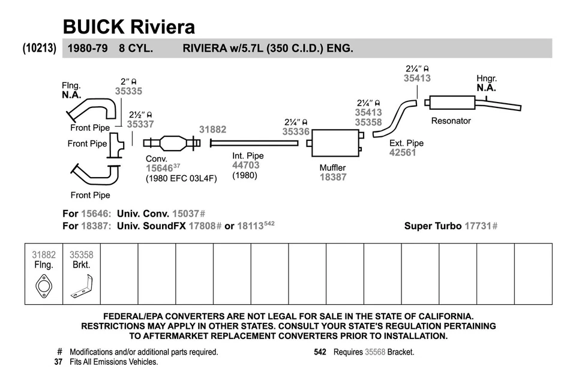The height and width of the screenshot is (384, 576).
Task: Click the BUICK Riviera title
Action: pos(128,26)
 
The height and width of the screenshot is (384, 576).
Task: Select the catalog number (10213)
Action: pos(40,48)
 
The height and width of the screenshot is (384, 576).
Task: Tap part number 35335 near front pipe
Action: pos(128,91)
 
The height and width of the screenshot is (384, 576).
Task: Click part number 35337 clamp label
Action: pos(140,124)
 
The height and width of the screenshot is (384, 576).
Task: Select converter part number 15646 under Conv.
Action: pos(159,169)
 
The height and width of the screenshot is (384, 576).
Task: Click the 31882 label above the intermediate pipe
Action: pos(212,130)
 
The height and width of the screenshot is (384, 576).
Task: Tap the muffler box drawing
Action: pos(335,144)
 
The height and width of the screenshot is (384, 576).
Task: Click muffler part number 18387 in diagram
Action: pos(333,177)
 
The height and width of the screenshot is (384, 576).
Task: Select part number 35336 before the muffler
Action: pos(296,131)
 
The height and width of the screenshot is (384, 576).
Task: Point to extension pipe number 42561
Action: pos(403,152)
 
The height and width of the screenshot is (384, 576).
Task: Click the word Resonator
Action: pos(451,121)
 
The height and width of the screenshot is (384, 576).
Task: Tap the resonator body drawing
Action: pos(451,103)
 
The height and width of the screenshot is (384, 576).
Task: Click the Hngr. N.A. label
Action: pos(486,83)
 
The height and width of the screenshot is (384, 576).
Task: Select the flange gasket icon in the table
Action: pos(44,286)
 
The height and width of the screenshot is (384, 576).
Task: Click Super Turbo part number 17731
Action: pos(478,226)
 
